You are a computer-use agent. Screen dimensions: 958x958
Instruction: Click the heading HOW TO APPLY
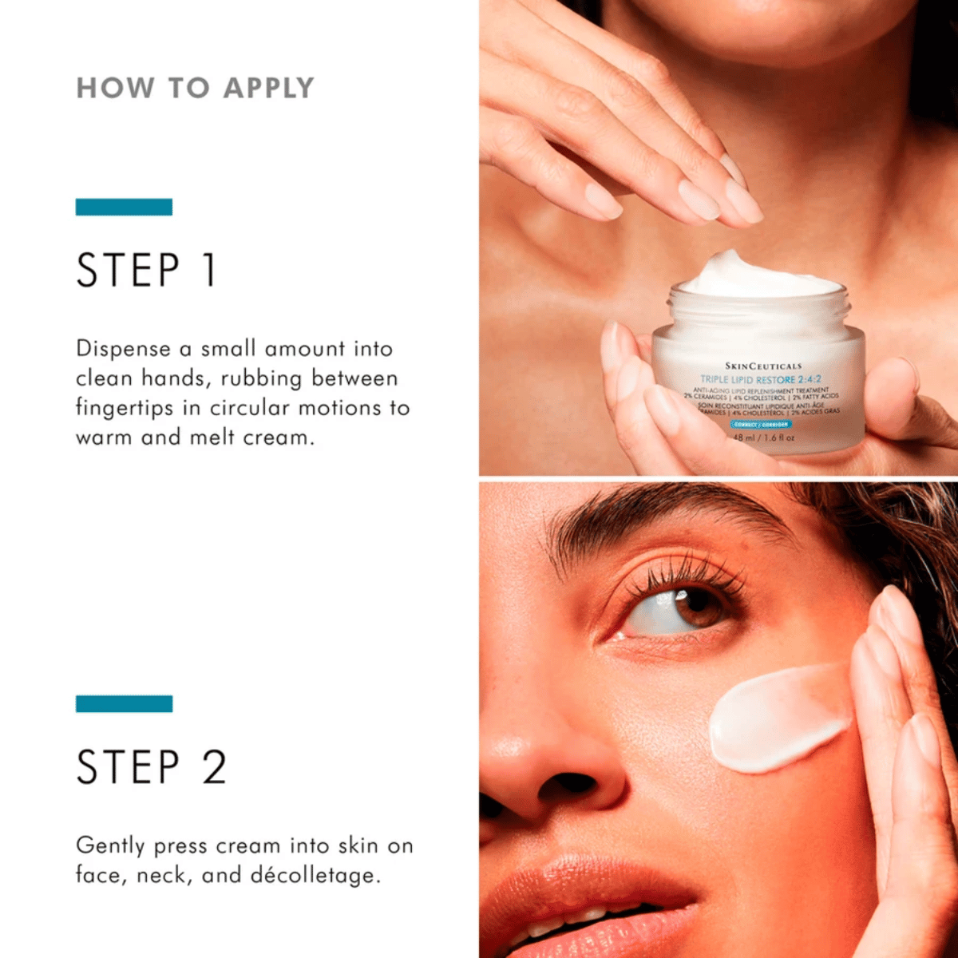point(195,88)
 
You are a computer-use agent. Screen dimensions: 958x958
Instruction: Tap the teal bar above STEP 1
point(124,207)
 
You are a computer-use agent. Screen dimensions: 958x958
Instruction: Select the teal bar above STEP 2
point(124,703)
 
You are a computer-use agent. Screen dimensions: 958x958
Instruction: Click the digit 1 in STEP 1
point(208,270)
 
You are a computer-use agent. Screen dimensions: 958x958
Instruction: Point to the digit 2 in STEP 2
point(214,767)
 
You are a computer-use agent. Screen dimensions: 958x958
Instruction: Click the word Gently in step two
point(110,846)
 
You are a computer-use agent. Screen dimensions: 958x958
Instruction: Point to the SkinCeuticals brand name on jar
point(762,366)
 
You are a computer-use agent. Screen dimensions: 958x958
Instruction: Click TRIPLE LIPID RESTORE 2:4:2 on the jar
point(760,379)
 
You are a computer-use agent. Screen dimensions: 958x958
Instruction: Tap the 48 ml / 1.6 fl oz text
point(763,437)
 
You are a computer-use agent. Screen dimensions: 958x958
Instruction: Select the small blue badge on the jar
point(760,425)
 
